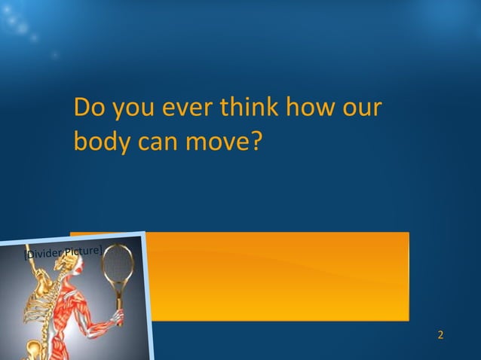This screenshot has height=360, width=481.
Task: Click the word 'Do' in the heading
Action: (89, 109)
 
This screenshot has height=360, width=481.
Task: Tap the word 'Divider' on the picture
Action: (43, 255)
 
